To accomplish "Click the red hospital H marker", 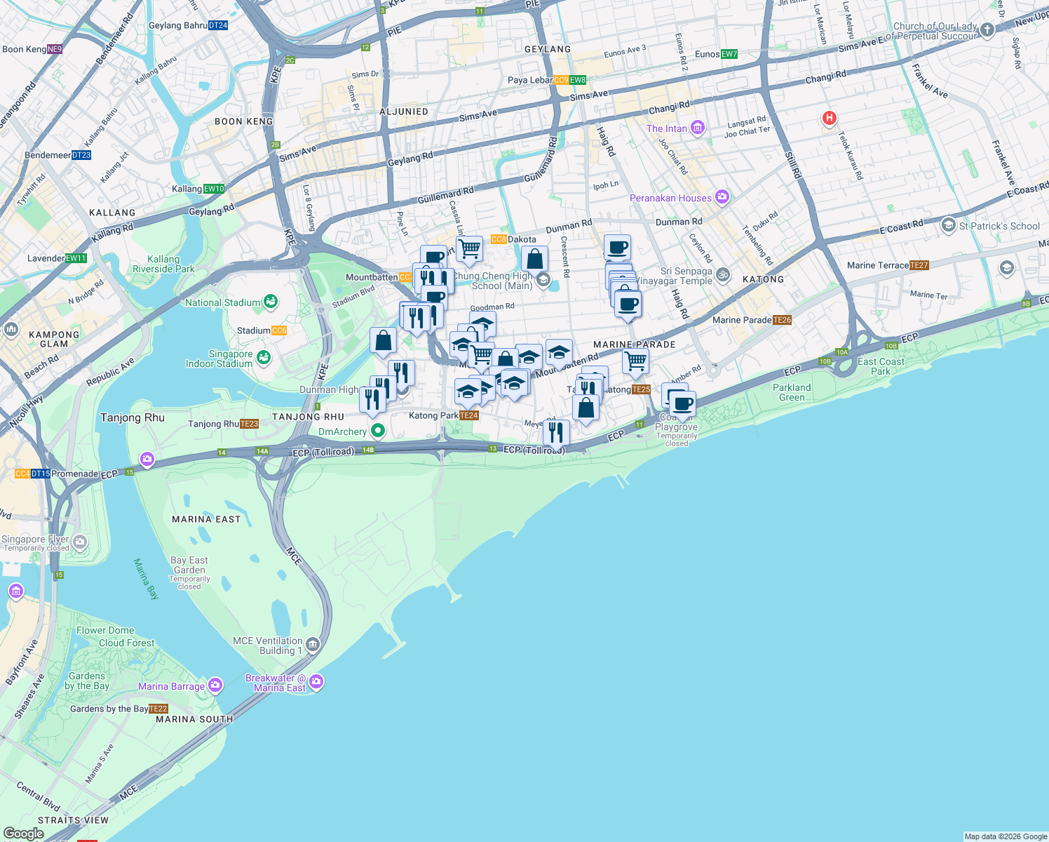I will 829,118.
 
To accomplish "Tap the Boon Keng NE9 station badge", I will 55,49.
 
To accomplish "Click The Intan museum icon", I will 697,128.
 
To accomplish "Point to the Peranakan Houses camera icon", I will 722,197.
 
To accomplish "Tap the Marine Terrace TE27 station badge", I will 919,265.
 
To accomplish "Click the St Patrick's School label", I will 999,226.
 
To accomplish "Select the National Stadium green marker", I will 270,302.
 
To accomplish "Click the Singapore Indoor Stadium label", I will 219,359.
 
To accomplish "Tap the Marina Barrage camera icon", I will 215,685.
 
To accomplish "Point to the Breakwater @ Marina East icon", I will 316,681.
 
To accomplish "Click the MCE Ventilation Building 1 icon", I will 313,644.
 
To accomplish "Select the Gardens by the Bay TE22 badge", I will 158,709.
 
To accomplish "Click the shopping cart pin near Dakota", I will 469,248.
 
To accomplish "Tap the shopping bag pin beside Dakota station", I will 534,259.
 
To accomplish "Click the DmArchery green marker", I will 378,430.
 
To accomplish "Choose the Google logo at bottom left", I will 23,833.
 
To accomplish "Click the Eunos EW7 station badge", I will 729,54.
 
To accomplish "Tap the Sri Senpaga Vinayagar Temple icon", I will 723,275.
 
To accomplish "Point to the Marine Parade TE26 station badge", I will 782,320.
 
